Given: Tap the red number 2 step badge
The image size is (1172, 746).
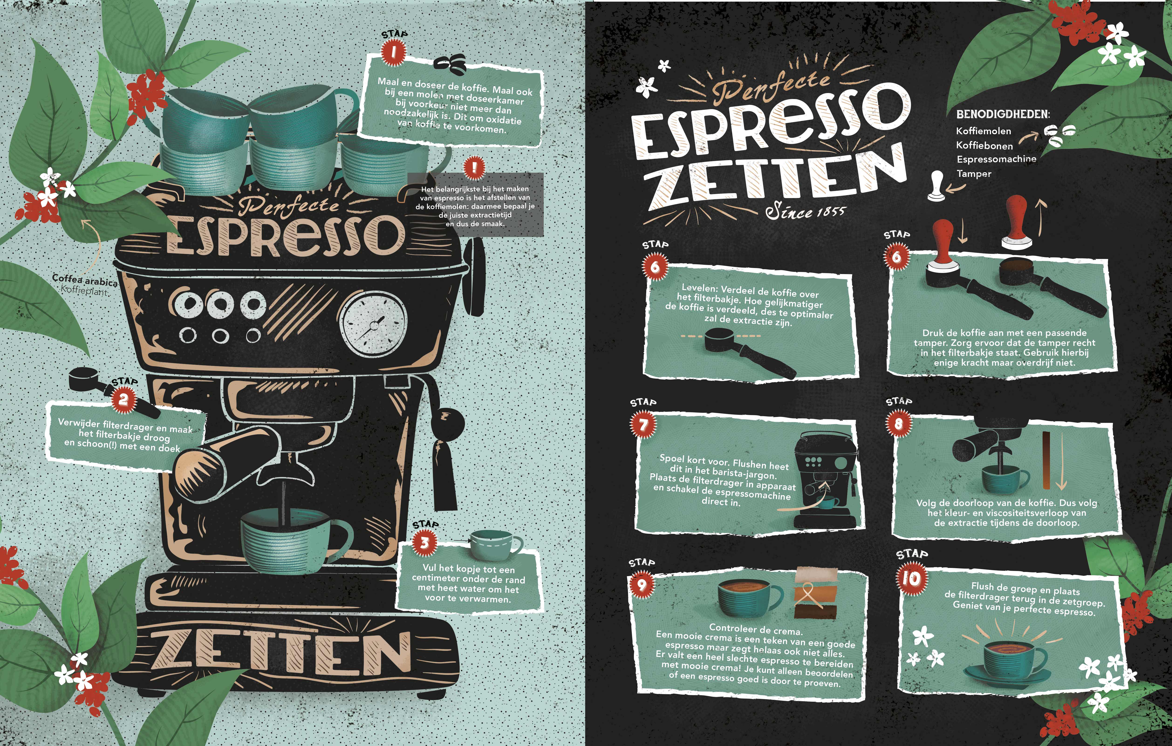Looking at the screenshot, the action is click(x=124, y=399).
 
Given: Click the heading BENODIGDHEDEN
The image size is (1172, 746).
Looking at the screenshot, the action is click(x=1003, y=114).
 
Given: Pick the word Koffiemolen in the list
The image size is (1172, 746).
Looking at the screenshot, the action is click(x=983, y=131).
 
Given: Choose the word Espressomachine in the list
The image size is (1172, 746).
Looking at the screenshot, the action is click(x=996, y=159).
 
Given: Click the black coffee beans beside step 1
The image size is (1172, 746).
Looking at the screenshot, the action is click(x=449, y=65).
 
